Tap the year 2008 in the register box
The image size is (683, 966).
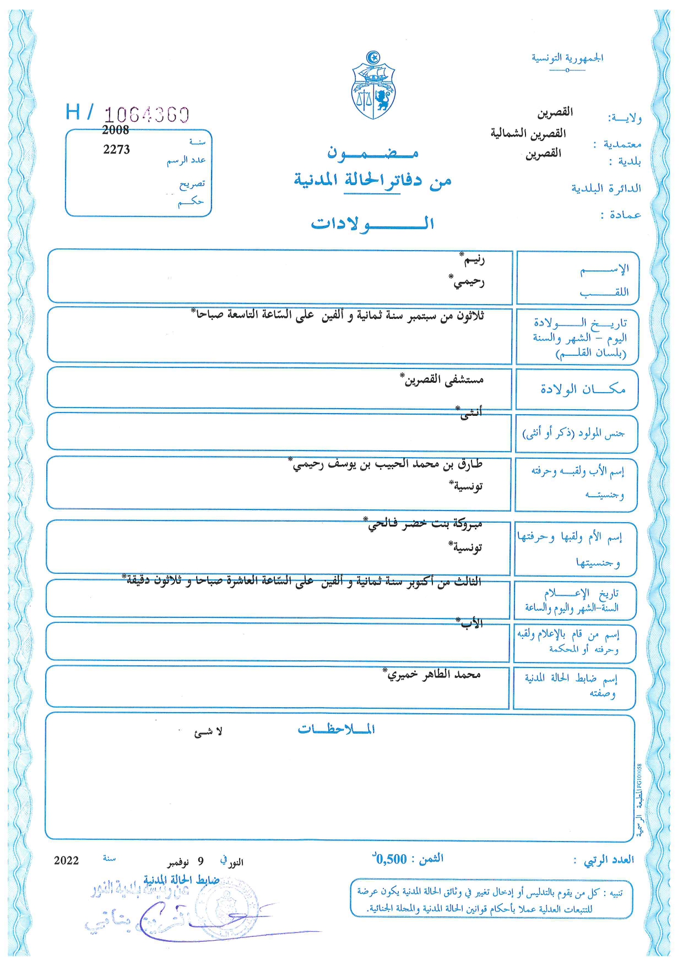116,130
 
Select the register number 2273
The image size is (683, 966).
116,149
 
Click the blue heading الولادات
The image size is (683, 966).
372,224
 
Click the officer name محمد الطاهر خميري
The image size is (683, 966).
433,674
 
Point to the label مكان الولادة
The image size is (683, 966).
582,389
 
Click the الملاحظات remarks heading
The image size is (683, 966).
336,729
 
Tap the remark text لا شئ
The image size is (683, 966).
208,732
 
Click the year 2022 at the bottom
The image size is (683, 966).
66,860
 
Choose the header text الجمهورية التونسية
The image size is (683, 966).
567,58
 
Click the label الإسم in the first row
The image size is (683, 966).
604,269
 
